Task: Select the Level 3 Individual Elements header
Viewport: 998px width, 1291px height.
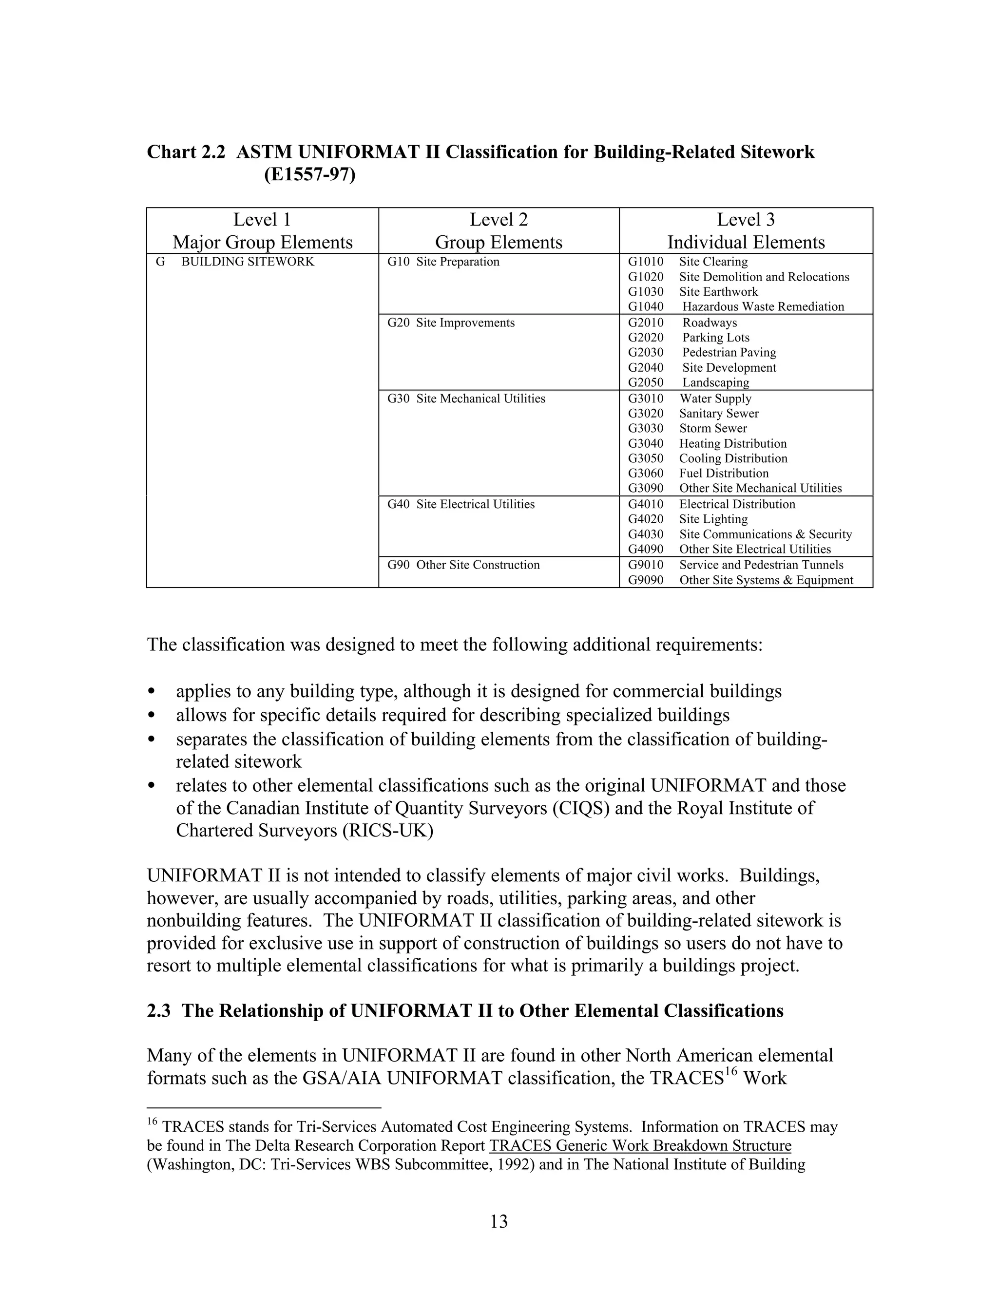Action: tap(746, 230)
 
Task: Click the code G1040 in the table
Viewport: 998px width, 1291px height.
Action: tap(646, 306)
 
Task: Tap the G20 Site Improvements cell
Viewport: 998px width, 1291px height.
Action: tap(451, 323)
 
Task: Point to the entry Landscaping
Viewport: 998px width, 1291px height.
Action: tap(715, 382)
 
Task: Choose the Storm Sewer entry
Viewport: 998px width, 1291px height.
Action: tap(712, 428)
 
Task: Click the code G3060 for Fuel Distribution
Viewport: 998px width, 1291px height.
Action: tap(646, 473)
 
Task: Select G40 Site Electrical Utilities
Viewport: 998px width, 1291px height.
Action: tap(461, 504)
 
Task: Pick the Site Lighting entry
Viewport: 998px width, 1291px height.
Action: tap(713, 519)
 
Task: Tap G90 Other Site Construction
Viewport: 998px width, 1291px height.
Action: tap(463, 565)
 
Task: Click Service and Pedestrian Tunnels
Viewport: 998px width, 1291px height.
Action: tap(761, 565)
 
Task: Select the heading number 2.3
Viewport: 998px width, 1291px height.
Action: tap(158, 1011)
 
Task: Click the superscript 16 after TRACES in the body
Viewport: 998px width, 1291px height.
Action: tap(731, 1072)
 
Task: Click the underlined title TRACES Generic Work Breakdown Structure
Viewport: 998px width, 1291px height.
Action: tap(640, 1146)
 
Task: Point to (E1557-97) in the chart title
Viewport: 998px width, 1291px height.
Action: tap(309, 175)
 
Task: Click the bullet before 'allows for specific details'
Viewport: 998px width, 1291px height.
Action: tap(152, 715)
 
